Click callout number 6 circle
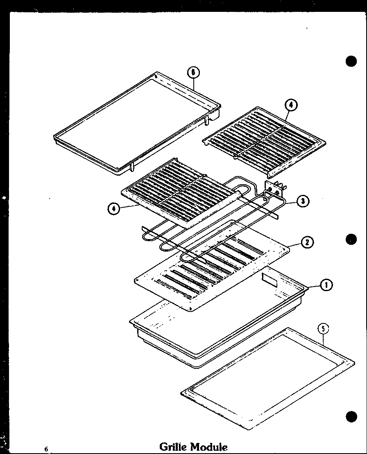click(193, 72)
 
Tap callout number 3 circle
click(303, 201)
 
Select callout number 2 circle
click(307, 242)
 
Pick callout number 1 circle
click(326, 285)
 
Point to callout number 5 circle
click(323, 328)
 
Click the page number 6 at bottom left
click(47, 449)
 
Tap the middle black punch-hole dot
click(351, 239)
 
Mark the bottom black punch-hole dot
click(351, 416)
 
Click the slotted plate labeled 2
click(213, 270)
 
